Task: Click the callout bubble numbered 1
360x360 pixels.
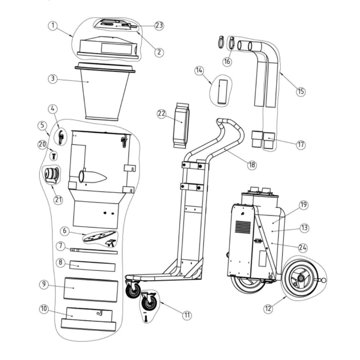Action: (53, 26)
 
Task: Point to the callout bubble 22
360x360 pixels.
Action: (162, 113)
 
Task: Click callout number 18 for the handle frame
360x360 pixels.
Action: (251, 165)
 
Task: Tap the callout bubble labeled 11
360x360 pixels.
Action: (186, 315)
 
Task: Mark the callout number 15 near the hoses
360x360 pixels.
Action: (301, 91)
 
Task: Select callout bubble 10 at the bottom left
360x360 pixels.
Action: (44, 309)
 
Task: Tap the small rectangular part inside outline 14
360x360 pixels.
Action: (222, 92)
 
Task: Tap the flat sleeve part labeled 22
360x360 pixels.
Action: (181, 125)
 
